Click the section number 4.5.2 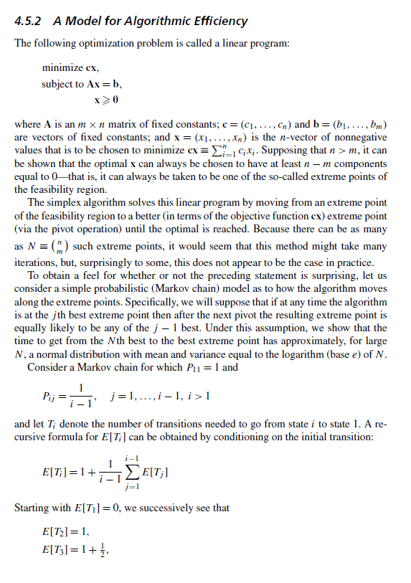click(x=29, y=21)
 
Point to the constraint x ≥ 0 click(x=106, y=98)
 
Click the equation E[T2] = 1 click(x=65, y=531)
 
